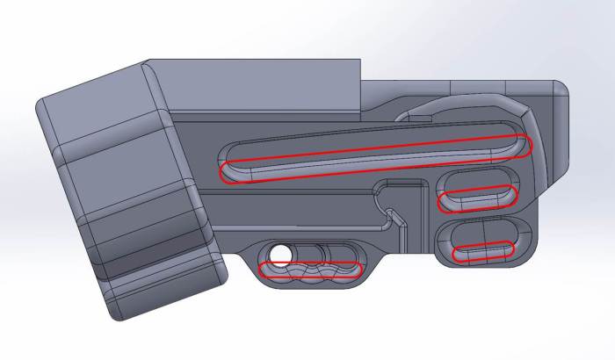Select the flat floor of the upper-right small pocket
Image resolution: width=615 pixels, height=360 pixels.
pyautogui.click(x=480, y=189)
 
